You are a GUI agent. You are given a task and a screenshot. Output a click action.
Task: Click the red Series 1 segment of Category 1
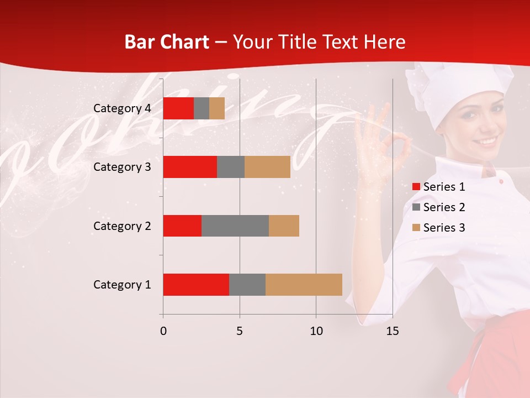pyautogui.click(x=196, y=285)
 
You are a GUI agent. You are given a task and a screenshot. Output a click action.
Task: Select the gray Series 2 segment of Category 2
pyautogui.click(x=235, y=226)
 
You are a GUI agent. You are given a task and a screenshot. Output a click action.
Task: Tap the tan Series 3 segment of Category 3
pyautogui.click(x=267, y=167)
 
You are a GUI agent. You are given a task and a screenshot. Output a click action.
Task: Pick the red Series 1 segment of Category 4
pyautogui.click(x=178, y=108)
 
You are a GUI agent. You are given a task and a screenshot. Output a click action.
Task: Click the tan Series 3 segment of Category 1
pyautogui.click(x=304, y=285)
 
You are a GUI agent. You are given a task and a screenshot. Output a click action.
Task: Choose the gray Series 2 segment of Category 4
pyautogui.click(x=202, y=108)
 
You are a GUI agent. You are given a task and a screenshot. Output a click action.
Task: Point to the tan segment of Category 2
pyautogui.click(x=284, y=226)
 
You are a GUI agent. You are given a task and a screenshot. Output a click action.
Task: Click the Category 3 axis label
pyautogui.click(x=122, y=167)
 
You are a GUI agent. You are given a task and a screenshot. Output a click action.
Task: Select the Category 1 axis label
pyautogui.click(x=122, y=285)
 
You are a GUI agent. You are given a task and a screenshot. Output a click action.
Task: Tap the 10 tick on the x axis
pyautogui.click(x=316, y=331)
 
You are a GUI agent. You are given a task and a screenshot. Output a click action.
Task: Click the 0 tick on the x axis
pyautogui.click(x=163, y=331)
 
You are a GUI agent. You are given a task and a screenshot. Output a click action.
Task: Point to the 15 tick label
pyautogui.click(x=392, y=331)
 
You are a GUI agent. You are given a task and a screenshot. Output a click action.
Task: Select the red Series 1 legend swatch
pyautogui.click(x=416, y=187)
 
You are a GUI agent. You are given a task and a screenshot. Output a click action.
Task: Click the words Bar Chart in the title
pyautogui.click(x=167, y=42)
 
